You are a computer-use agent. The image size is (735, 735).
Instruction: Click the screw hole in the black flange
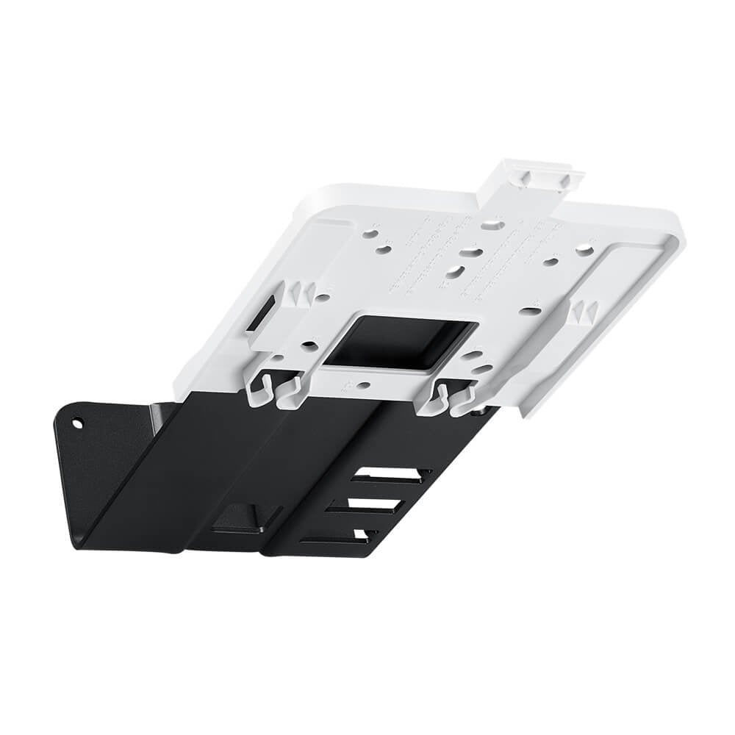tap(77, 423)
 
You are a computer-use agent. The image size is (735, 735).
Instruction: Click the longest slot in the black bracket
tap(390, 476)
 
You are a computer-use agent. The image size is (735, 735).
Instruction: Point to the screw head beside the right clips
tap(481, 412)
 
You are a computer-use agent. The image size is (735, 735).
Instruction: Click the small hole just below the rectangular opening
tap(364, 384)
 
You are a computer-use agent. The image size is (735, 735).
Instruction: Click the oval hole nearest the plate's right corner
tap(584, 251)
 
